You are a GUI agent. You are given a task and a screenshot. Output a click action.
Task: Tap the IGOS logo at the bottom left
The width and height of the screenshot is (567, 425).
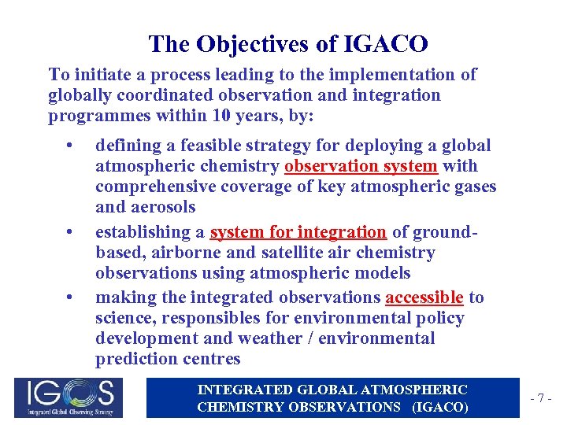69,397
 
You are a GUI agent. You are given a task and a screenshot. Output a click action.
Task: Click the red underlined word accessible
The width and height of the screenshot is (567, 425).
424,297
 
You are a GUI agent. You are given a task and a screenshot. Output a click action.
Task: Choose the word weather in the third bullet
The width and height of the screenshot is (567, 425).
305,338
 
